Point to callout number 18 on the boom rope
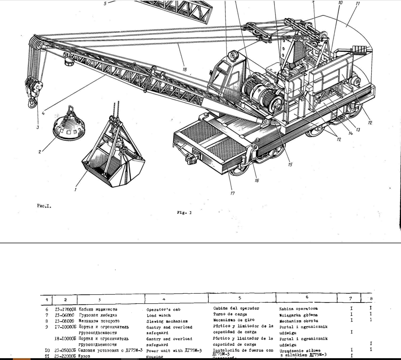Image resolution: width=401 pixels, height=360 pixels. tap(184, 68)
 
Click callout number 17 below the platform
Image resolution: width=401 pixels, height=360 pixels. tap(232, 193)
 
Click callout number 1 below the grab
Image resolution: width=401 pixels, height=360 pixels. tap(75, 190)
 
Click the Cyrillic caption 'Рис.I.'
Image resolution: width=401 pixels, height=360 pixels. tap(44, 206)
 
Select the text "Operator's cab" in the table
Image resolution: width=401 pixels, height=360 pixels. tap(163, 310)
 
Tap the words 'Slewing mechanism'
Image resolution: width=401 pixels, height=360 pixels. tap(165, 321)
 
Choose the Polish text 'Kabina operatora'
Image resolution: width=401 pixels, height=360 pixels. tap(298, 309)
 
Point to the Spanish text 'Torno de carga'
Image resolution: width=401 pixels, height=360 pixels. tap(231, 314)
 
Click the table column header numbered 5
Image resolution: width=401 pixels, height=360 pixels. tap(240, 297)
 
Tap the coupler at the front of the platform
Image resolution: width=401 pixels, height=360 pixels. tap(189, 160)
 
